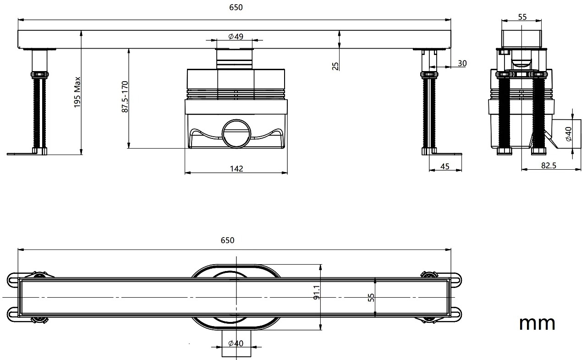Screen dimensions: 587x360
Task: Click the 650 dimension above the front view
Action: point(236,7)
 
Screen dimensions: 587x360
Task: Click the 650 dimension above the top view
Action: point(227,240)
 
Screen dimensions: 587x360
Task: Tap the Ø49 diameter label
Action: point(236,36)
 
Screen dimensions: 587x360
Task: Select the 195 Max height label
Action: point(77,92)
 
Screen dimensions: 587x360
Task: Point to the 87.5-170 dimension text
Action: point(125,97)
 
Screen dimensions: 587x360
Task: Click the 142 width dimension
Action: point(236,168)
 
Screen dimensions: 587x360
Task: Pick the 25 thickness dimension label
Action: point(335,66)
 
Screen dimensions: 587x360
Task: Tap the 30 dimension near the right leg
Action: point(462,63)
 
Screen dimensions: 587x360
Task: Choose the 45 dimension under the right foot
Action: point(444,166)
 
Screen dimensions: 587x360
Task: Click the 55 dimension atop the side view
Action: point(522,17)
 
